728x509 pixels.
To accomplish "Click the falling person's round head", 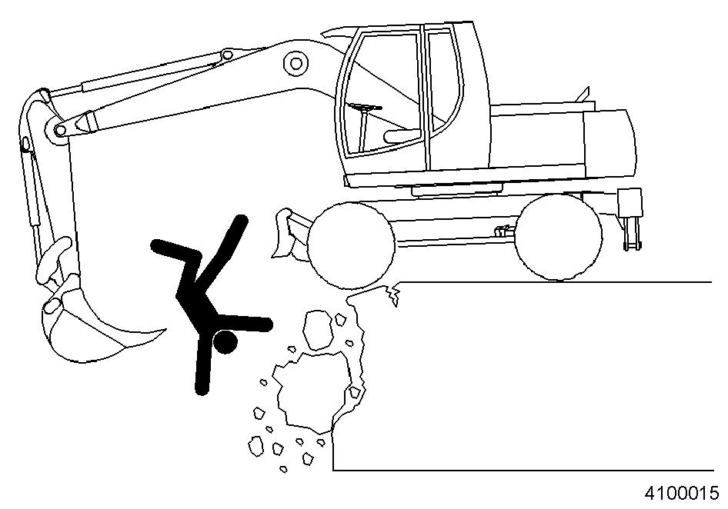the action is (225, 341).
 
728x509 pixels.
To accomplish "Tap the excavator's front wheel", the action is (351, 246).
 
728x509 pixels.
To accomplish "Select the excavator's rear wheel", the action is (559, 237).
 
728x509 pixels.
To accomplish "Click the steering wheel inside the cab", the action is (365, 108).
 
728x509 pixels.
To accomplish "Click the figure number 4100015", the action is (681, 493).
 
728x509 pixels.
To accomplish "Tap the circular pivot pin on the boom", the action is (296, 62).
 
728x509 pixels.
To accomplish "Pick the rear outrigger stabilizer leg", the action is (631, 218).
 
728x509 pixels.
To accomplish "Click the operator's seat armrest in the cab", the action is (403, 135).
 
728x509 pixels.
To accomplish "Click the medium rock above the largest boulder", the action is (319, 330).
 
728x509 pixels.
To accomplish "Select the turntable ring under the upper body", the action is (457, 189).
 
